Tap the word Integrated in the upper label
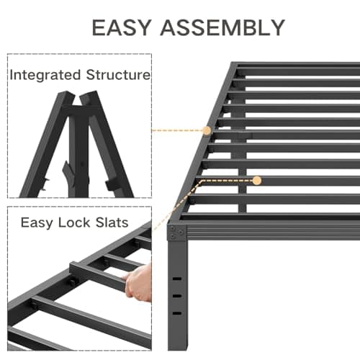point(45,75)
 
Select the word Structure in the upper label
point(116,75)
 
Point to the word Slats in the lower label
point(111,223)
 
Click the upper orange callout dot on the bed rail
point(207,130)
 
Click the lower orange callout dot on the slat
point(237,181)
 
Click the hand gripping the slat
point(140,282)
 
